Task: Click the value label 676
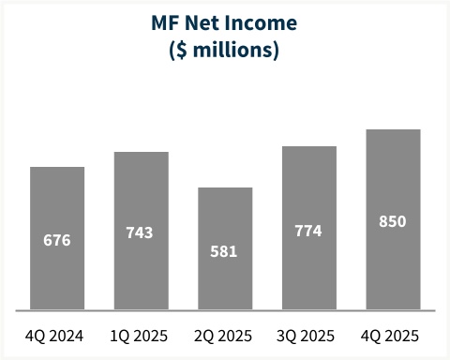pos(57,240)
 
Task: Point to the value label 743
pos(141,232)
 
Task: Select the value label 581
pos(225,251)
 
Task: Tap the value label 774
pos(308,230)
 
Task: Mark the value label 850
pos(393,221)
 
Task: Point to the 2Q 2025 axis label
pos(225,336)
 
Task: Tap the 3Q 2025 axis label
pos(308,336)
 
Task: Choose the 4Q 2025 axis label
pos(393,336)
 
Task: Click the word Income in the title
pos(263,22)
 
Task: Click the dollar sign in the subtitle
pos(181,50)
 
